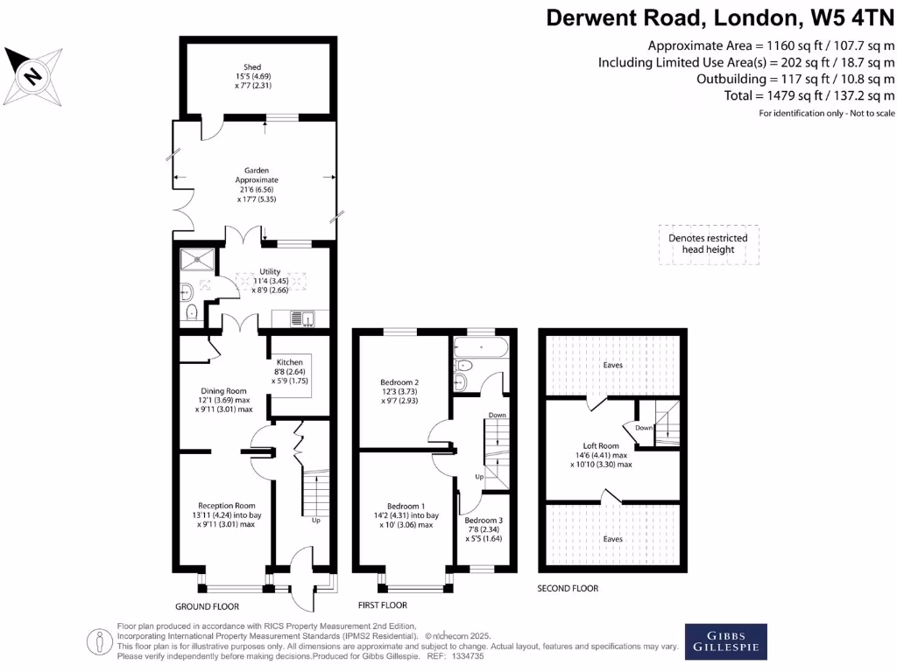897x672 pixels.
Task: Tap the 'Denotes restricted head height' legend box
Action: [709, 244]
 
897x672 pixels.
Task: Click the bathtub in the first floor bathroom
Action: [480, 347]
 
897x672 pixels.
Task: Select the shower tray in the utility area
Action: [195, 259]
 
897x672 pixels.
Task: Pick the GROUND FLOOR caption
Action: [207, 606]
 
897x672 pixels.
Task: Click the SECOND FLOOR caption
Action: [568, 589]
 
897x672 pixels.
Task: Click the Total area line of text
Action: [809, 96]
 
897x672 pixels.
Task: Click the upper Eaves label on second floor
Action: [613, 365]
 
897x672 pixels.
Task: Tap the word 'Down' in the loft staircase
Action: [644, 428]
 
